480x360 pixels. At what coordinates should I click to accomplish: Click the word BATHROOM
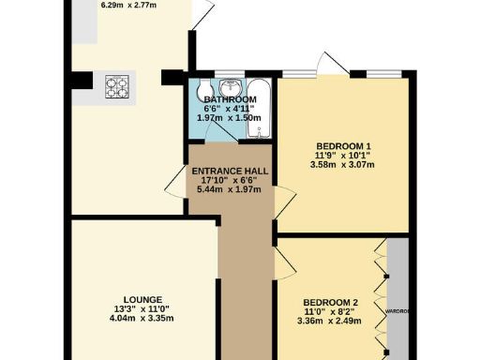pyautogui.click(x=231, y=99)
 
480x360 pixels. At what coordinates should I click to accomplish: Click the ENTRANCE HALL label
pyautogui.click(x=230, y=171)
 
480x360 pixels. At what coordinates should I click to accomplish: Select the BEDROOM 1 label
pyautogui.click(x=343, y=145)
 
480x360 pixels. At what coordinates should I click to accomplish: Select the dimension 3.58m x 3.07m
pyautogui.click(x=343, y=165)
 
